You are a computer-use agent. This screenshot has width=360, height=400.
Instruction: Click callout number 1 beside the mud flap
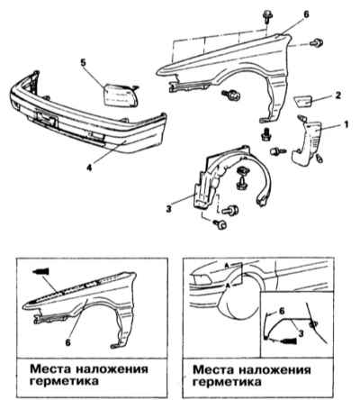346,124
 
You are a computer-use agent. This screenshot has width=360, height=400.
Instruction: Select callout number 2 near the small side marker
338,95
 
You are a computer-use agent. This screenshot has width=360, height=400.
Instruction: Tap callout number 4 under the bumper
89,168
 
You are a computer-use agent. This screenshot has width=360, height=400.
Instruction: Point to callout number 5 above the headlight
84,63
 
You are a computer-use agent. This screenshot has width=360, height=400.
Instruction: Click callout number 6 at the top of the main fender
306,14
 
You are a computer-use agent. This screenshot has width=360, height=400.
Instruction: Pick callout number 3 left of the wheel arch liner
169,209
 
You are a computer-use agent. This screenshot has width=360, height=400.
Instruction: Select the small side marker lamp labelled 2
303,100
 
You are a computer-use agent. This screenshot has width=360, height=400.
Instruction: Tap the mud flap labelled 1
307,143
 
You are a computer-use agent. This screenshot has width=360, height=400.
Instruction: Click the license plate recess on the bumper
46,118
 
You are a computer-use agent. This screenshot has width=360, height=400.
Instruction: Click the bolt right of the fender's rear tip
316,43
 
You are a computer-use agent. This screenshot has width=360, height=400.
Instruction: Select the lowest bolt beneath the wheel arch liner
220,224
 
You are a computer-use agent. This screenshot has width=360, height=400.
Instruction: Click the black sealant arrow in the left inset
40,271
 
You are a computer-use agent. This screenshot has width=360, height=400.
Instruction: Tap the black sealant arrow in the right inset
289,341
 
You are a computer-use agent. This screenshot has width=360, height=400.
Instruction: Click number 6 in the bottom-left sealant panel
68,342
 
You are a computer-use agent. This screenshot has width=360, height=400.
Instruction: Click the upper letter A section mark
229,265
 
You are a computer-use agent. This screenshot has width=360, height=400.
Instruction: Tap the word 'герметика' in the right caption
227,382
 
